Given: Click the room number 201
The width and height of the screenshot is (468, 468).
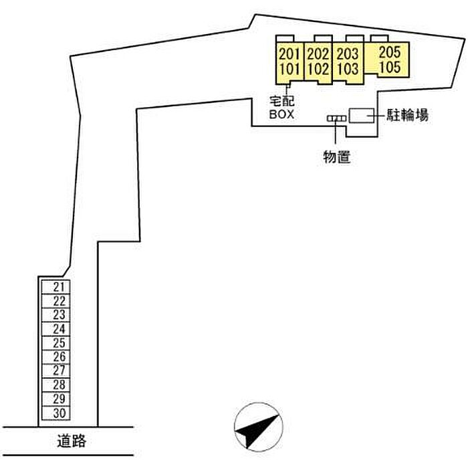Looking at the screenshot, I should (x=289, y=53).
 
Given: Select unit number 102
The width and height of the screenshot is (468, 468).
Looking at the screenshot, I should (x=319, y=68).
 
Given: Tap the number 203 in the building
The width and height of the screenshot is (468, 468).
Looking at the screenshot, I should (x=348, y=53).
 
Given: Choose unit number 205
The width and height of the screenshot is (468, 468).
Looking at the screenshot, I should (x=389, y=52).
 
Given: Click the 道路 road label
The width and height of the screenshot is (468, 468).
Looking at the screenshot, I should (x=72, y=442).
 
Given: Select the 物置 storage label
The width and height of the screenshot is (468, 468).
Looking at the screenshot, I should (x=336, y=158).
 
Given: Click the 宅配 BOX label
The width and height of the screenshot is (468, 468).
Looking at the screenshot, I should (x=282, y=108).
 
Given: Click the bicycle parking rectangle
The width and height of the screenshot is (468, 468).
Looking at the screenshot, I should (x=362, y=114).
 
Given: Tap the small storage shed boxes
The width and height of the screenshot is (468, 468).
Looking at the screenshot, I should (x=336, y=119).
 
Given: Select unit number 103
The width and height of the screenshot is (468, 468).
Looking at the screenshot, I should (x=348, y=68).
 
